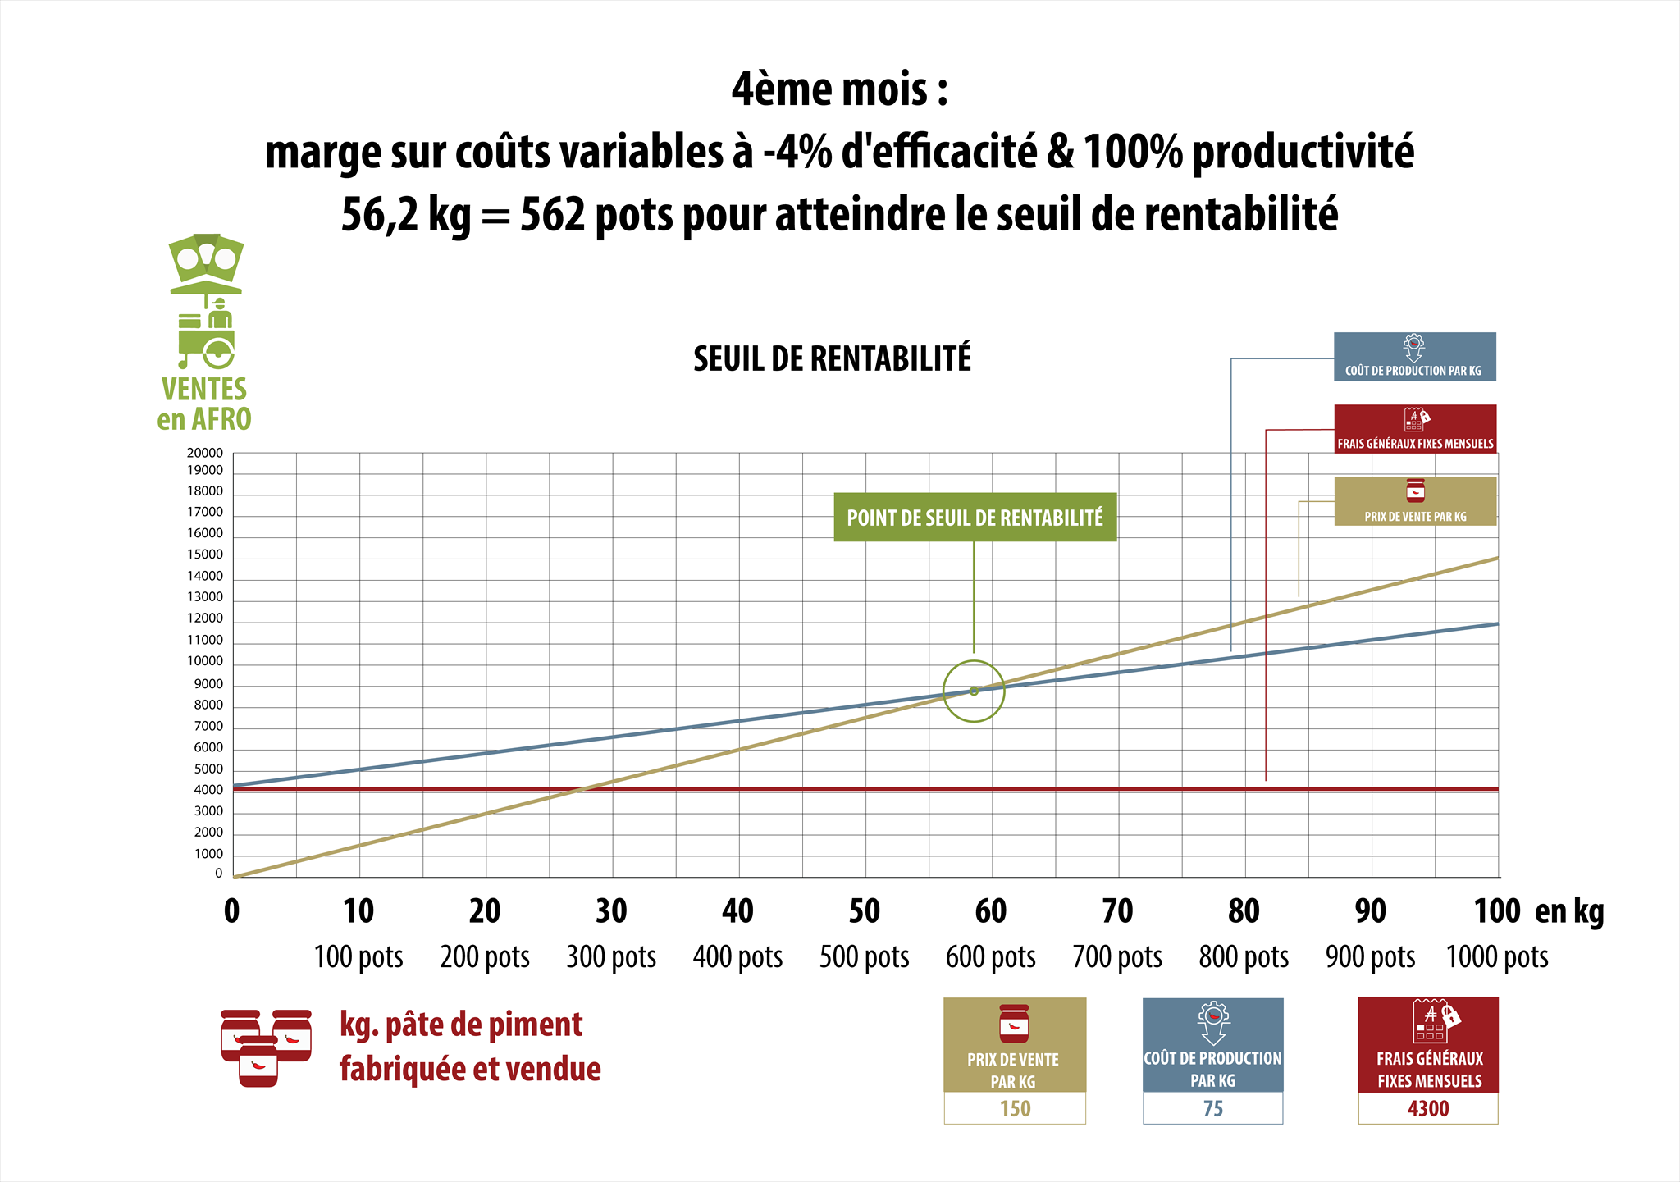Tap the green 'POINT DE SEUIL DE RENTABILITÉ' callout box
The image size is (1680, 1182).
click(975, 517)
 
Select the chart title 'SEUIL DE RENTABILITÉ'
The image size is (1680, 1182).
click(832, 359)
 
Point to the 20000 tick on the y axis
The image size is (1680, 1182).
click(205, 453)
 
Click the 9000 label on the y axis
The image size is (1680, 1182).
click(208, 684)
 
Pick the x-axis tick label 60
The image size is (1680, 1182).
click(991, 911)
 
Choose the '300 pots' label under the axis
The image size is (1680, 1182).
click(611, 957)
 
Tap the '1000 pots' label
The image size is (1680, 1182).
click(1497, 957)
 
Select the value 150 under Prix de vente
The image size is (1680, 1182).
click(1015, 1109)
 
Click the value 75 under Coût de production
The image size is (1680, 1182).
click(1213, 1109)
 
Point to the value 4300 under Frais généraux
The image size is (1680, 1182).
click(1428, 1109)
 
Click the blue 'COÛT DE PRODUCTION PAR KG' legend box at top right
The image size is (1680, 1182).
click(1414, 357)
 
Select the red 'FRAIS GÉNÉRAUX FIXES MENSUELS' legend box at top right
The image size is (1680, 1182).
click(1415, 429)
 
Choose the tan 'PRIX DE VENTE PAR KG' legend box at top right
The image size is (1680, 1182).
click(1415, 501)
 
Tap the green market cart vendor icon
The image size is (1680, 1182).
click(207, 302)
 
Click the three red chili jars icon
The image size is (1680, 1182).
click(266, 1048)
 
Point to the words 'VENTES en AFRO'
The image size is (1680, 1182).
click(204, 404)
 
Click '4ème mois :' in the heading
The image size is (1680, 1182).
click(840, 89)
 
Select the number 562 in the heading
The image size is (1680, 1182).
click(553, 215)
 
